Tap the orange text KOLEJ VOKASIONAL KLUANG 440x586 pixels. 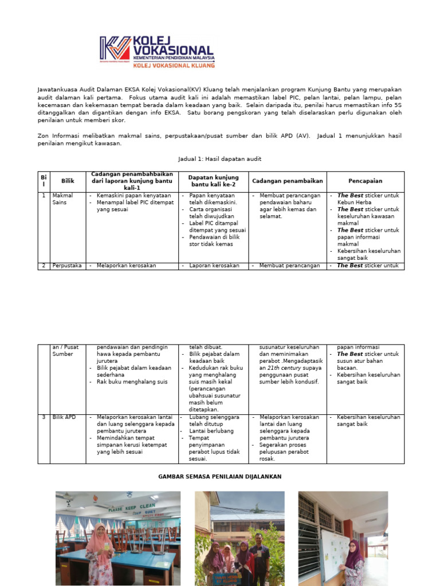coord(174,65)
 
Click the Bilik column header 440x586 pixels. coord(68,181)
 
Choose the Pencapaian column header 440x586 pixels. coord(366,181)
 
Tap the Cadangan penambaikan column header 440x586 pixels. coord(287,181)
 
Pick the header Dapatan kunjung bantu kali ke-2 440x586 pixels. coord(213,181)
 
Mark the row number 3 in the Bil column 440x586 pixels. coord(44,417)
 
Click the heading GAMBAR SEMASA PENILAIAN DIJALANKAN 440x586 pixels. coord(219,477)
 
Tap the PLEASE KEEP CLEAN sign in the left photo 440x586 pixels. coord(132,507)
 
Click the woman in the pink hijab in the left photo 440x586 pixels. coord(99,551)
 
